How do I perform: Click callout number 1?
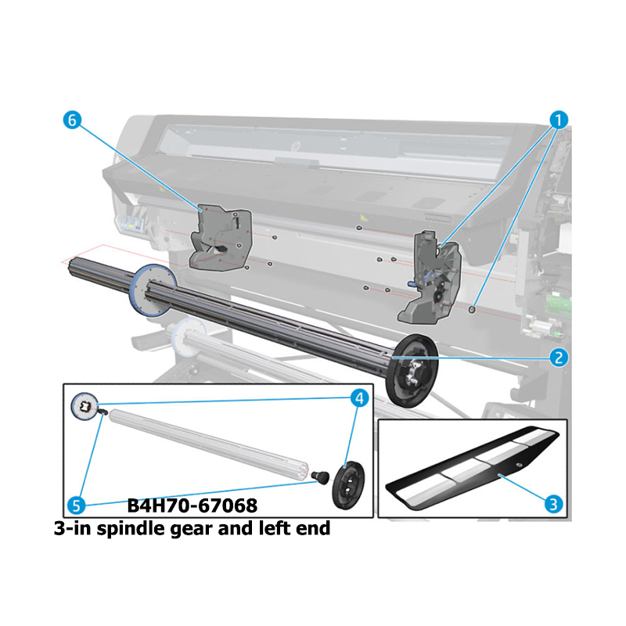pyautogui.click(x=559, y=120)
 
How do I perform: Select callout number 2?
pyautogui.click(x=559, y=358)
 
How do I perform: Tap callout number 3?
pyautogui.click(x=553, y=504)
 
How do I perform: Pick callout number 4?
pyautogui.click(x=359, y=398)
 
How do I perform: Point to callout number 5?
pyautogui.click(x=76, y=505)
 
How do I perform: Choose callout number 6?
pyautogui.click(x=72, y=120)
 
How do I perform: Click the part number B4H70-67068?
pyautogui.click(x=192, y=505)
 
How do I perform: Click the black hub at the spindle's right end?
pyautogui.click(x=412, y=371)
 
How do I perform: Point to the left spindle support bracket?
pyautogui.click(x=220, y=239)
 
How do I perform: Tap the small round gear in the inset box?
pyautogui.click(x=85, y=406)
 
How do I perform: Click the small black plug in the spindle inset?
pyautogui.click(x=321, y=477)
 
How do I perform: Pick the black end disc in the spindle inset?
pyautogui.click(x=348, y=484)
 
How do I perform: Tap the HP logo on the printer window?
pyautogui.click(x=296, y=146)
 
